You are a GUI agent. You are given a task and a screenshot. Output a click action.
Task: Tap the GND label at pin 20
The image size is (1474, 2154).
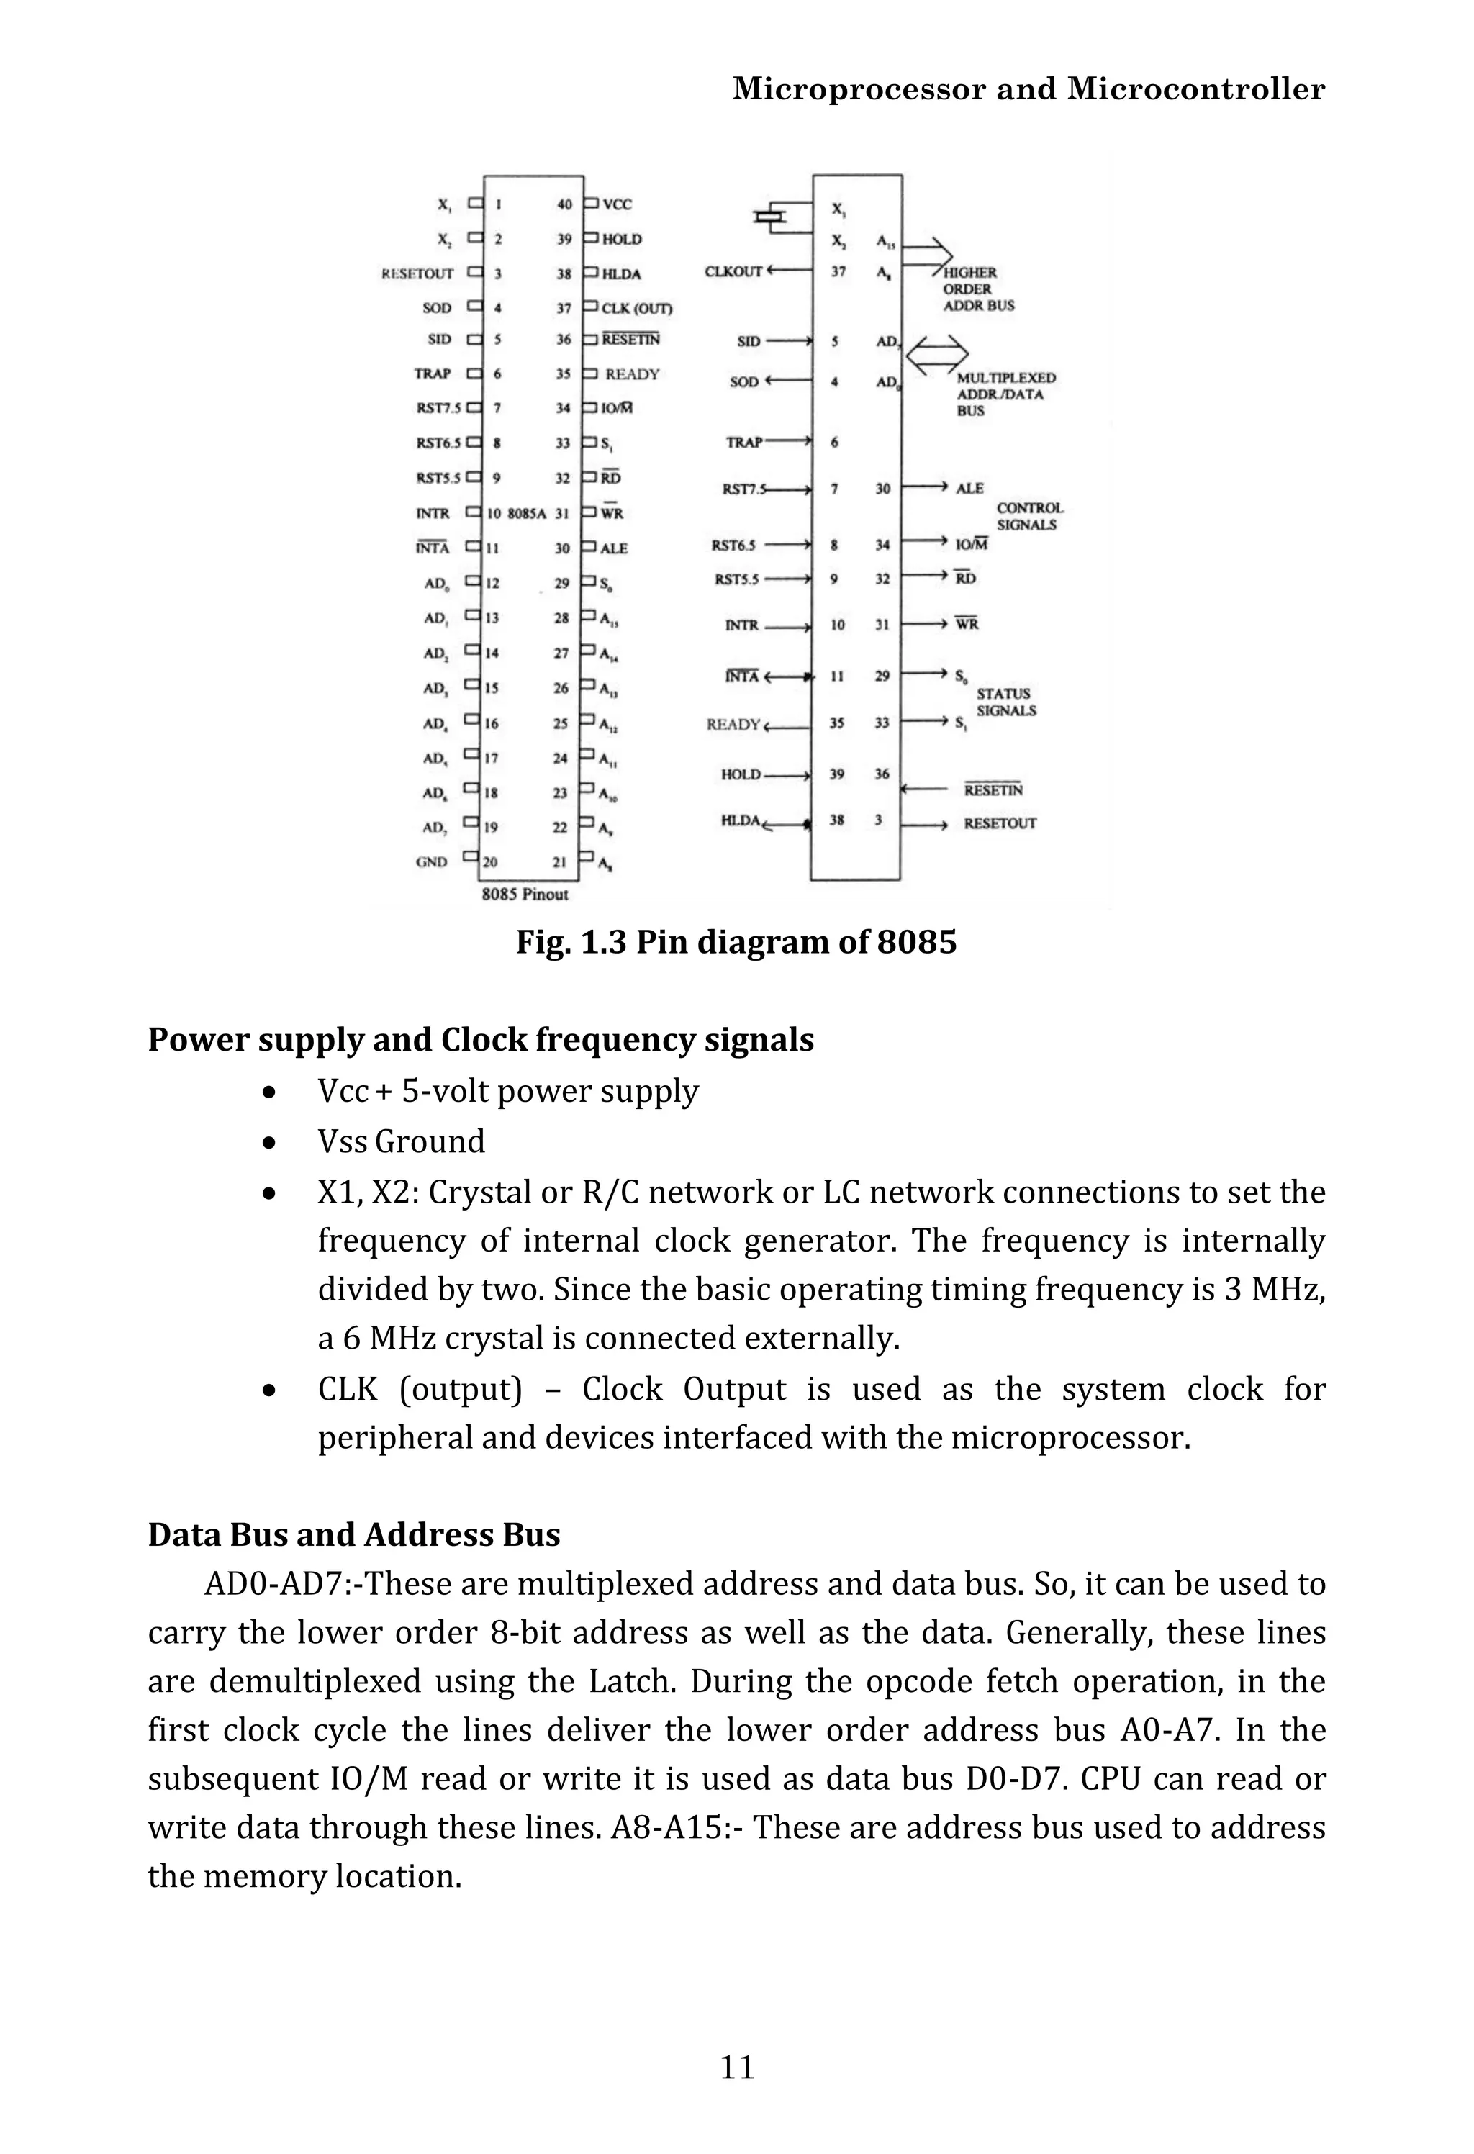pos(432,862)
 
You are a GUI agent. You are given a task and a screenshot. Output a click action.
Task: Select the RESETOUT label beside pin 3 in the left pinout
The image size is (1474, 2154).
pos(418,273)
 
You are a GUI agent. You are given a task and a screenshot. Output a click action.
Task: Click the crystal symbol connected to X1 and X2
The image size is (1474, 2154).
pos(770,217)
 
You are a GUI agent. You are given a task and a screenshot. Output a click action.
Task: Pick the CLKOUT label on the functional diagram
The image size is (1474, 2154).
pos(733,271)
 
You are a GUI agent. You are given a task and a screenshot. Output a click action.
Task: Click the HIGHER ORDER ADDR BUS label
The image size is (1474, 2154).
pos(978,289)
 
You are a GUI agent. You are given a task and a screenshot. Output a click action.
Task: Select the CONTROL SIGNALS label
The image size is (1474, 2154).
pos(1029,516)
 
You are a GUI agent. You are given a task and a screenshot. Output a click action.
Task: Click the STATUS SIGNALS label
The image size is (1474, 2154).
pos(1006,702)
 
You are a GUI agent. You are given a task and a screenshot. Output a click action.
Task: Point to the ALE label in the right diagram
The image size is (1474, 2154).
pos(969,489)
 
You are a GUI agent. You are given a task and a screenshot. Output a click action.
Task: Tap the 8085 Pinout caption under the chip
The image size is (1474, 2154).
pos(525,895)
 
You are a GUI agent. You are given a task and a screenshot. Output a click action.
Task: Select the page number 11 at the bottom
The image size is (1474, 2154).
pos(738,2067)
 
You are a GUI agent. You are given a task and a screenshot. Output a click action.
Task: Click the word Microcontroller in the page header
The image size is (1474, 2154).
pos(1196,89)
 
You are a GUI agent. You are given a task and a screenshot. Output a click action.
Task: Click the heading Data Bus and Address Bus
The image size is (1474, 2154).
pos(354,1535)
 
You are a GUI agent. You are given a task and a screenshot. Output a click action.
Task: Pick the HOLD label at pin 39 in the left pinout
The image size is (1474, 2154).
pos(621,239)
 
